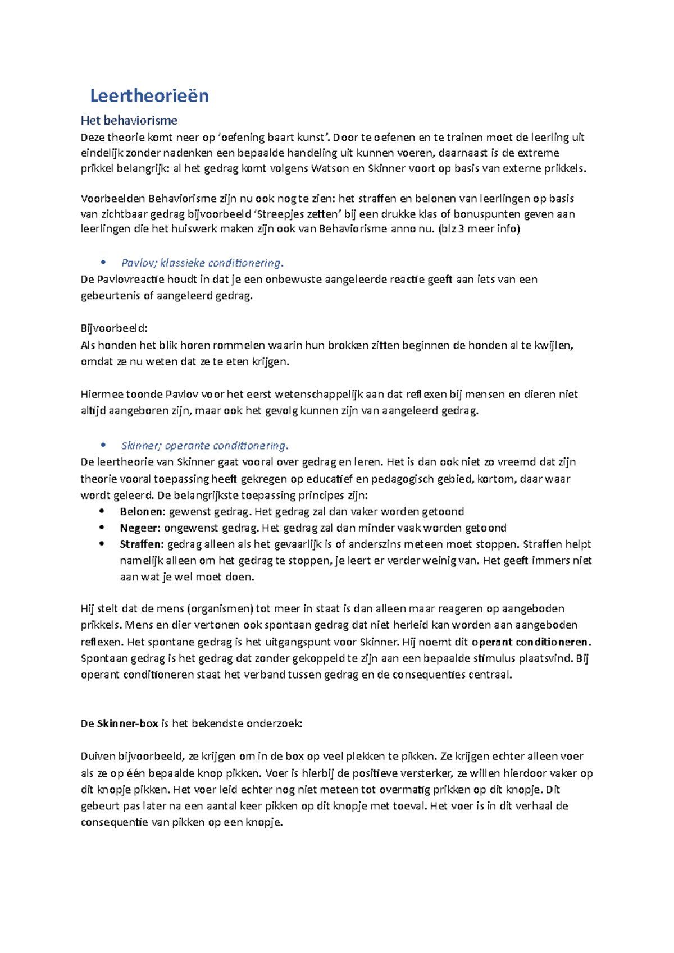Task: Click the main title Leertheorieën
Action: click(149, 96)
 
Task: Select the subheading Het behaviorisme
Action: click(129, 120)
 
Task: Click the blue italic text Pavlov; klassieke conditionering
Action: click(202, 263)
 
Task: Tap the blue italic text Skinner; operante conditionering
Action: click(204, 446)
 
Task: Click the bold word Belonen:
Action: click(142, 511)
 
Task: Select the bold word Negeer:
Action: click(140, 528)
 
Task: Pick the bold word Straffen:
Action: click(142, 544)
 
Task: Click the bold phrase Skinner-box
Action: click(127, 723)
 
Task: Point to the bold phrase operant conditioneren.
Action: click(531, 642)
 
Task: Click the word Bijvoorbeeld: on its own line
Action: click(114, 328)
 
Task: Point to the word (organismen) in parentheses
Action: click(220, 608)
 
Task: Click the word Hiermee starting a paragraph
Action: click(102, 394)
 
